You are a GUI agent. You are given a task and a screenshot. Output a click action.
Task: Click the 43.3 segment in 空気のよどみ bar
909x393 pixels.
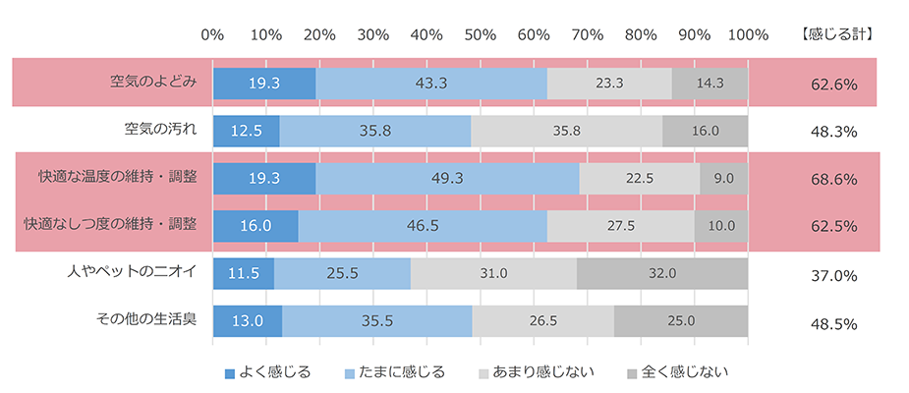click(x=431, y=84)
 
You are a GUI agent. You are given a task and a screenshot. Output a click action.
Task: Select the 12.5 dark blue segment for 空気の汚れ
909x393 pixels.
click(x=246, y=132)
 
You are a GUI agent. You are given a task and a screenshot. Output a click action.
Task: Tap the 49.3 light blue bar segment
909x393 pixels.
click(x=447, y=179)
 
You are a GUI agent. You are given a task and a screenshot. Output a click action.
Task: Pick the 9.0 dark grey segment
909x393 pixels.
click(x=724, y=179)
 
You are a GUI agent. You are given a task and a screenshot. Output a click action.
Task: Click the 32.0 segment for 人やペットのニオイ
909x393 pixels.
click(x=662, y=274)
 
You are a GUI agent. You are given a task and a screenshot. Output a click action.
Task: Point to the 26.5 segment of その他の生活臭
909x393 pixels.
click(x=542, y=321)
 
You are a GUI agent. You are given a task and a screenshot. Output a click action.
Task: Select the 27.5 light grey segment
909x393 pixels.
click(x=620, y=226)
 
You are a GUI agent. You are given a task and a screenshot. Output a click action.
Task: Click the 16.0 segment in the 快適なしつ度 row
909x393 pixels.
click(x=256, y=226)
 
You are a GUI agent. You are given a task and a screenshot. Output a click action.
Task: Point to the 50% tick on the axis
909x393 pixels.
click(x=480, y=34)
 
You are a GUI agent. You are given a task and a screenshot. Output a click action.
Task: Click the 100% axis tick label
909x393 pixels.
click(x=748, y=34)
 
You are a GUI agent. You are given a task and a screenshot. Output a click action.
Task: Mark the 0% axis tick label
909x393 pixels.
click(x=212, y=34)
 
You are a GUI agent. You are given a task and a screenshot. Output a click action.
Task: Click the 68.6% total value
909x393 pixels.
click(x=834, y=180)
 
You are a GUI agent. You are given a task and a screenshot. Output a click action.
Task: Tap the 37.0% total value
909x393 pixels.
click(x=834, y=275)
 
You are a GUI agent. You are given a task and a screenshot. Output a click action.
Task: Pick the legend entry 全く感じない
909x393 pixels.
click(x=678, y=372)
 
